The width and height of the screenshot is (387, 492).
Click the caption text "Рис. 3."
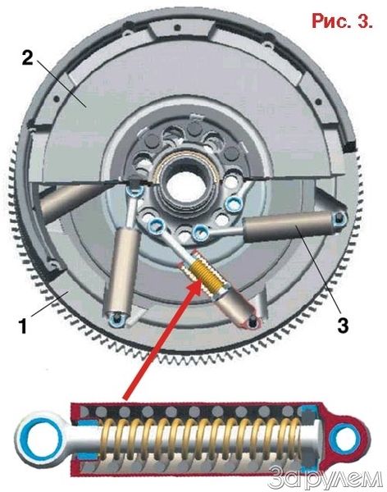click(x=342, y=20)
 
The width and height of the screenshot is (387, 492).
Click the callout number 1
click(x=23, y=326)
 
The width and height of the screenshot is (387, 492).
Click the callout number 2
click(x=27, y=57)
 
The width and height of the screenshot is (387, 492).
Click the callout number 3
click(x=342, y=325)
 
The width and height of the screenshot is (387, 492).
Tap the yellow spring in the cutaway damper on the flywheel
click(x=205, y=275)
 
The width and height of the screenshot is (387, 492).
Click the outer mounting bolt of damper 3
click(x=339, y=218)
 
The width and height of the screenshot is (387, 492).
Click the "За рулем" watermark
click(x=326, y=478)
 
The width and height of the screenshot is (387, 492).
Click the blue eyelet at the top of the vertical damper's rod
click(x=134, y=191)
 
